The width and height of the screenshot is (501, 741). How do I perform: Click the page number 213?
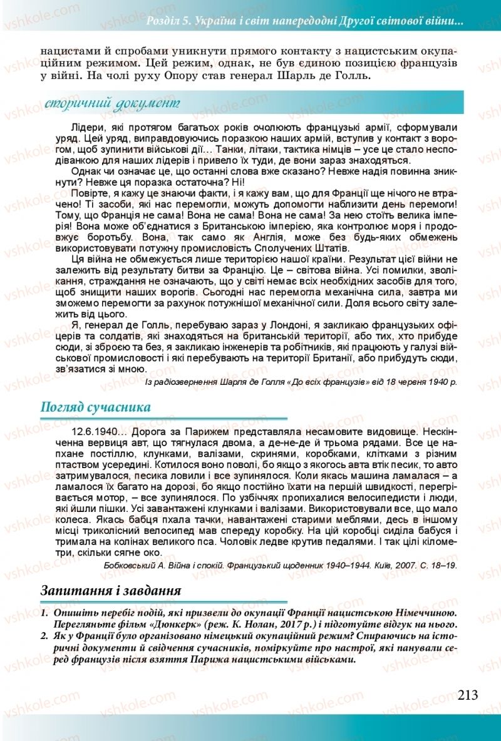pyautogui.click(x=468, y=694)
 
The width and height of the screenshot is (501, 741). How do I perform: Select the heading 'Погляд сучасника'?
pyautogui.click(x=95, y=407)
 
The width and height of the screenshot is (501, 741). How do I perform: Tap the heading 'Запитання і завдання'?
pyautogui.click(x=111, y=590)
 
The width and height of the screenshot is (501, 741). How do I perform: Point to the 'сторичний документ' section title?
pyautogui.click(x=113, y=102)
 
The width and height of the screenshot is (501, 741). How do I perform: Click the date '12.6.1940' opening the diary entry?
pyautogui.click(x=93, y=432)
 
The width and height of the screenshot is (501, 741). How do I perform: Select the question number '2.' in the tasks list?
pyautogui.click(x=44, y=636)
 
